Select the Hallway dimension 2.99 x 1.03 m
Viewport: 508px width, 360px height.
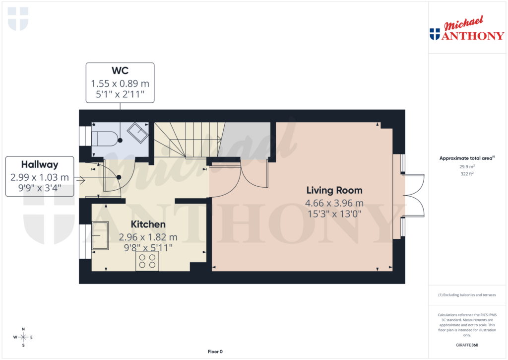coord(40,177)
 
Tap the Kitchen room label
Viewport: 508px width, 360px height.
coord(148,224)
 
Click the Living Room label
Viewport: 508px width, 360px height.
coord(334,190)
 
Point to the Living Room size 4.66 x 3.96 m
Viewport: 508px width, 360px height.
coord(334,203)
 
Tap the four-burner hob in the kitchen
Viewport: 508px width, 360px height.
coord(147,261)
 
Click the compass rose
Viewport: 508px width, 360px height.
coord(23,337)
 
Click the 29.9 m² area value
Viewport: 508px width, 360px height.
coord(466,167)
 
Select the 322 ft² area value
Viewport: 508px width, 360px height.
coord(466,174)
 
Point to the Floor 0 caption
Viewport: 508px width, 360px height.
coord(215,352)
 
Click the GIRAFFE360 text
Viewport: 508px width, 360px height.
coord(467,345)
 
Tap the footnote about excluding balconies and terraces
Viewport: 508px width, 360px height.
coord(467,295)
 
